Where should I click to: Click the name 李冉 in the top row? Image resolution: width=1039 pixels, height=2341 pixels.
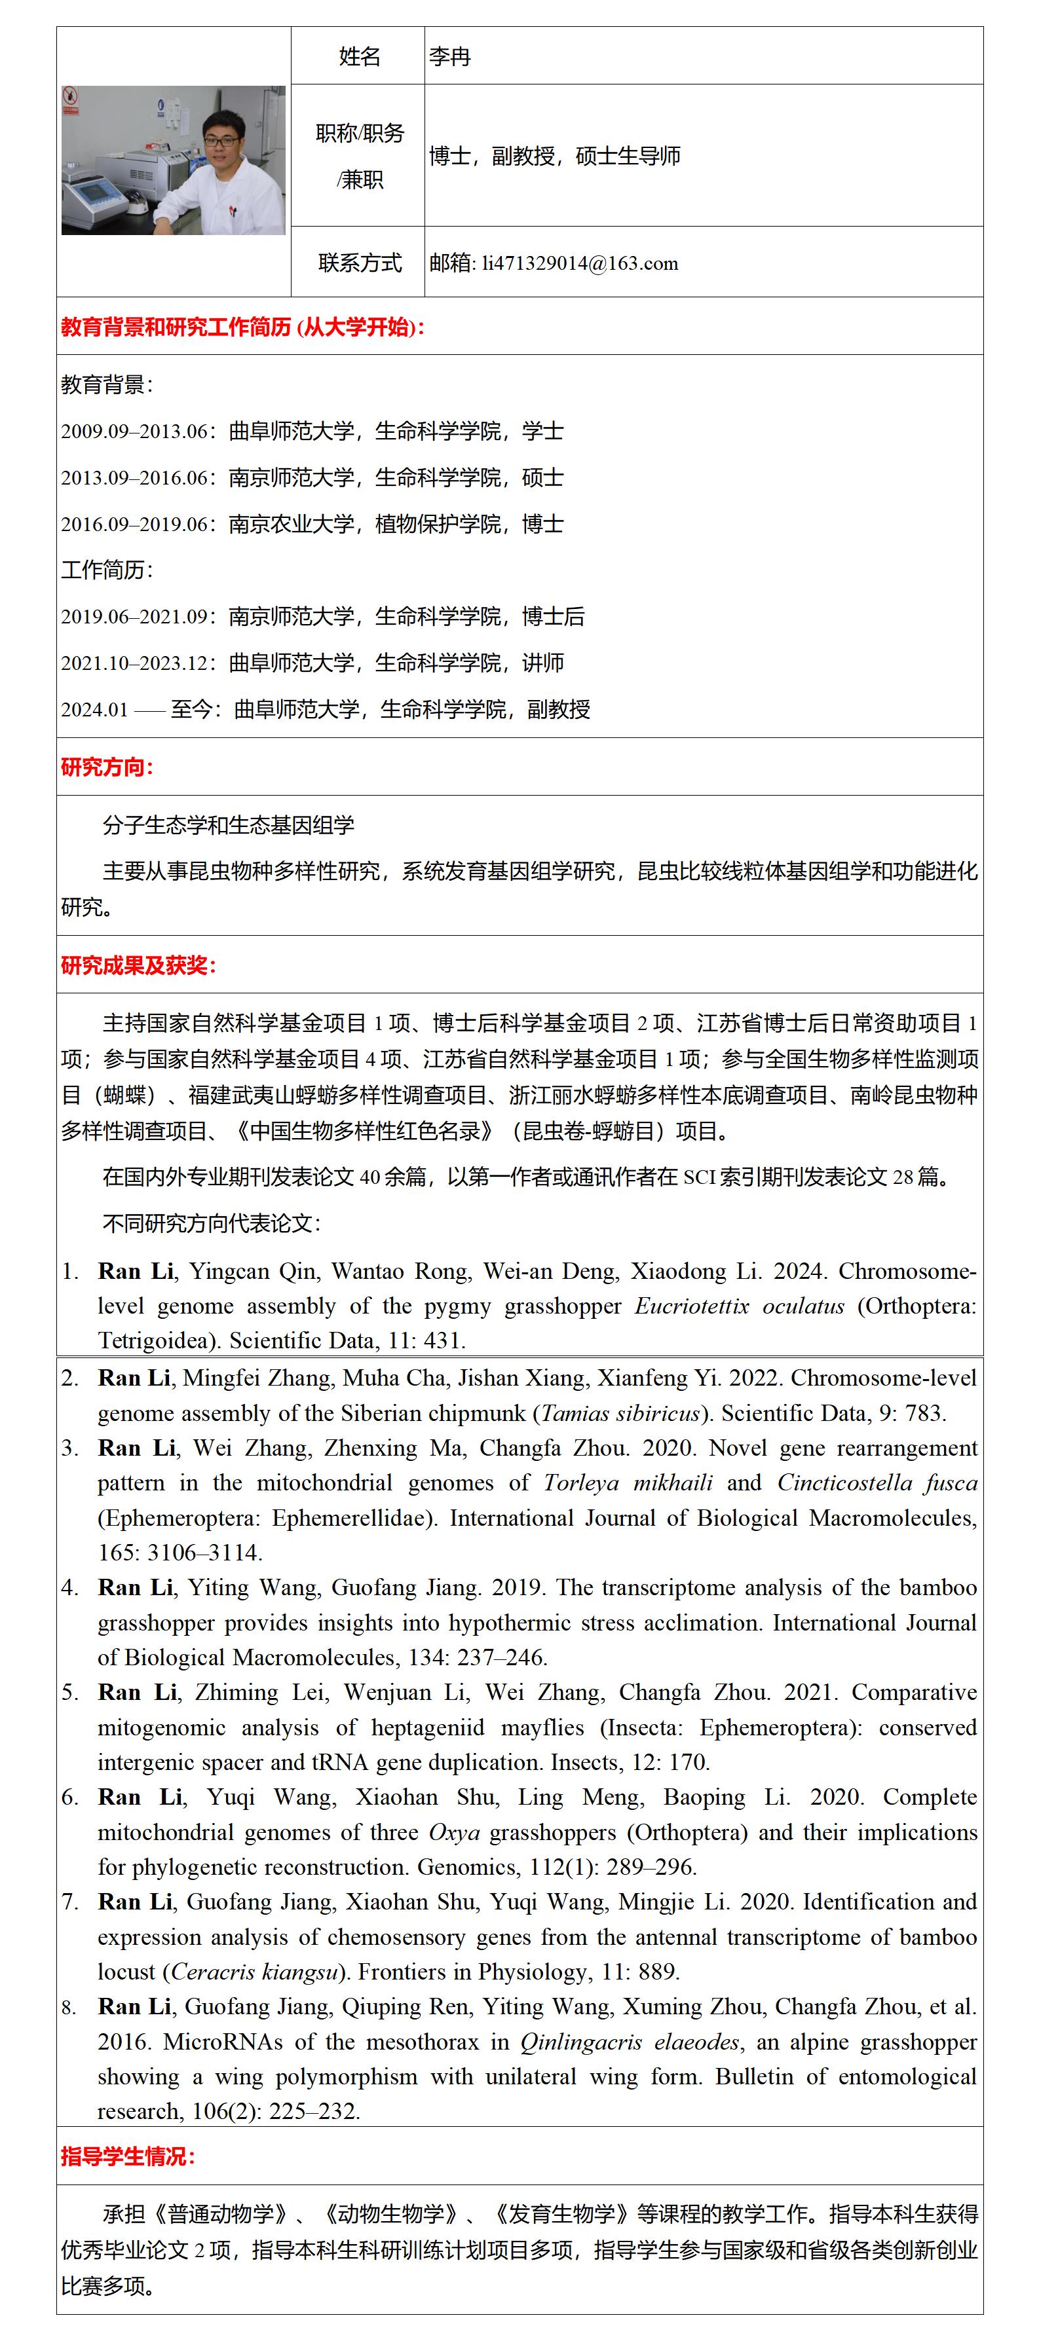pyautogui.click(x=450, y=57)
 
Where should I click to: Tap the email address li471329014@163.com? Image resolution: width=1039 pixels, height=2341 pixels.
pyautogui.click(x=580, y=263)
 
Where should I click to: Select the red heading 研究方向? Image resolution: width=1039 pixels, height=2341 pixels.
pyautogui.click(x=106, y=767)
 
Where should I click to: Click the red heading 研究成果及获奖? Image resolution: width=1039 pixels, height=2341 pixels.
pyautogui.click(x=138, y=965)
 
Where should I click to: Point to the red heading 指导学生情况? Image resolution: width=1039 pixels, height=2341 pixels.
pyautogui.click(x=127, y=2156)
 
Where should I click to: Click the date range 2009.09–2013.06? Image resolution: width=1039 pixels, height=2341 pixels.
pyautogui.click(x=134, y=432)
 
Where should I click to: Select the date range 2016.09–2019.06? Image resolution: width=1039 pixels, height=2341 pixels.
pyautogui.click(x=134, y=525)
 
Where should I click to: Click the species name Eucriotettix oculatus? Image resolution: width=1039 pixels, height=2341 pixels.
pyautogui.click(x=739, y=1306)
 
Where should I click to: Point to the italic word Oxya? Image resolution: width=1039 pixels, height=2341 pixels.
pyautogui.click(x=453, y=1832)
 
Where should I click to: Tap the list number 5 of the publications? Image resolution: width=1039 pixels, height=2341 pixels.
pyautogui.click(x=70, y=1692)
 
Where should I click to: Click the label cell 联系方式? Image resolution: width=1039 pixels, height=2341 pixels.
pyautogui.click(x=359, y=263)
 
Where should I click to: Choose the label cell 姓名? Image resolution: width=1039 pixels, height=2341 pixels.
pyautogui.click(x=359, y=57)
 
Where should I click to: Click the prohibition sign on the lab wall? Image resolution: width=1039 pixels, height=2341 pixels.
pyautogui.click(x=70, y=96)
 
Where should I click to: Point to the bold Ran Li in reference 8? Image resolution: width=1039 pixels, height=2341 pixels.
pyautogui.click(x=134, y=2006)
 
